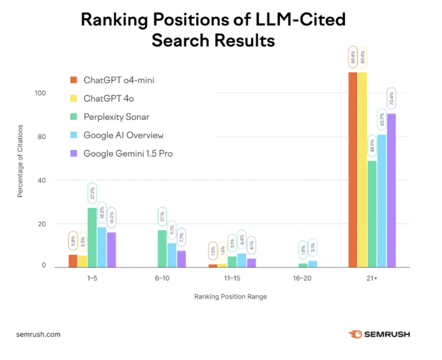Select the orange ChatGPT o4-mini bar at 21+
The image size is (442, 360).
352,170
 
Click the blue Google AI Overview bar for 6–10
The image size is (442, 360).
172,255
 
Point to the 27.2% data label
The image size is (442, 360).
92,193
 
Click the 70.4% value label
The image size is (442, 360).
391,100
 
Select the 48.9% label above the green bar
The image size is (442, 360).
372,147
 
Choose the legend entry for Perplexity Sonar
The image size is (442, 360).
117,117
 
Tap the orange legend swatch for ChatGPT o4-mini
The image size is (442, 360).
73,80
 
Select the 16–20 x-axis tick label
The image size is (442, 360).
302,279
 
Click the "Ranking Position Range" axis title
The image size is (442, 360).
231,297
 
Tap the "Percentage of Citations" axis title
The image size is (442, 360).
20,161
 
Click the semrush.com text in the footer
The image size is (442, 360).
38,335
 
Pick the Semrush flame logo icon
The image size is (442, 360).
355,335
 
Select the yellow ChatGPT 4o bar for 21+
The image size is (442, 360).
362,170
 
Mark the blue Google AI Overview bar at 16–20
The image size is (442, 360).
313,264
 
